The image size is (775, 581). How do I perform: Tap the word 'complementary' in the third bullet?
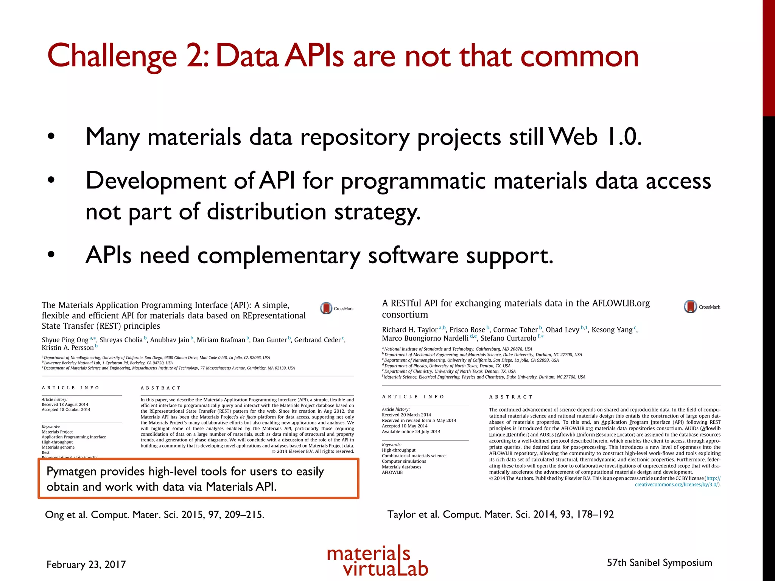point(279,255)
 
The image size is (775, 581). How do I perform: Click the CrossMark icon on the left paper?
point(326,308)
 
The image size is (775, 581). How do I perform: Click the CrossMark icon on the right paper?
point(690,306)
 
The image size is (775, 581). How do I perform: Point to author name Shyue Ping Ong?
point(65,340)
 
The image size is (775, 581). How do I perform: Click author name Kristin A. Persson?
point(68,348)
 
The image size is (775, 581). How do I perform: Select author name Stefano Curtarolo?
point(508,338)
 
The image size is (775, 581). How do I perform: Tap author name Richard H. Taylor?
point(409,330)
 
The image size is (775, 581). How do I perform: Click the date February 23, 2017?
point(86,564)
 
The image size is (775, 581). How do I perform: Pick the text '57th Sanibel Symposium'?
point(659,563)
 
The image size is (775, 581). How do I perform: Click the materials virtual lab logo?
point(377,561)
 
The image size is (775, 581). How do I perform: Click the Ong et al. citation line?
point(154,515)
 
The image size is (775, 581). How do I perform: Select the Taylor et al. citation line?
point(500,514)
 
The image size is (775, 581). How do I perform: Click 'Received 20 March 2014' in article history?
point(406,415)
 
